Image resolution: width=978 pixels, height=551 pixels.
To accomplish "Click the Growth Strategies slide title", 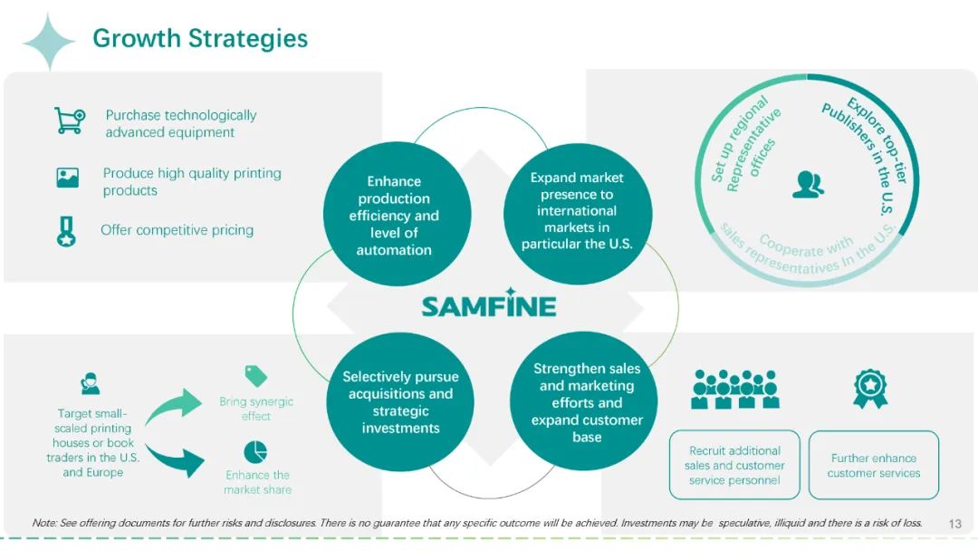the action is point(200,39).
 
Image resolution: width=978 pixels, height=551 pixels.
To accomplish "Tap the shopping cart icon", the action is point(70,121).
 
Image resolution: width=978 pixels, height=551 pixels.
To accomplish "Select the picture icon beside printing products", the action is point(67,178).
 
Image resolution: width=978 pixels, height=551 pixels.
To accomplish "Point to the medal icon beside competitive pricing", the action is point(66,231).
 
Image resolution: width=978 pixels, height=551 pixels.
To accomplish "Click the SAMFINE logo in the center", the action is point(489,304).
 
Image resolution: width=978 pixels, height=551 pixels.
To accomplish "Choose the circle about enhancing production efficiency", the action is point(397,215).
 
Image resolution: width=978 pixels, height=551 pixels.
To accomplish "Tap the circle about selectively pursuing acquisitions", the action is point(400,401).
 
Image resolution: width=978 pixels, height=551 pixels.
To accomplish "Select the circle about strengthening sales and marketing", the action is point(585,401).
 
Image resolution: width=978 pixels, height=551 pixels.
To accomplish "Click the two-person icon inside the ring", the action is point(809,185).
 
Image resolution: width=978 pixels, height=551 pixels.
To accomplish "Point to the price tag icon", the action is point(255,376).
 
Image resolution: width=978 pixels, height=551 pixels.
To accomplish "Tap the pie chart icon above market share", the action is point(255,452).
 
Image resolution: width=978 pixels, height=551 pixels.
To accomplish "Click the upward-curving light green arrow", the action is point(175,406).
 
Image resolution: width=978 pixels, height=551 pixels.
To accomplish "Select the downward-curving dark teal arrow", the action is point(176,459).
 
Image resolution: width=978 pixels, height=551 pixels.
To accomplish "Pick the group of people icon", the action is point(735,390).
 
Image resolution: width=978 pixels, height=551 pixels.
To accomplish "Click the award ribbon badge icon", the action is point(870,388).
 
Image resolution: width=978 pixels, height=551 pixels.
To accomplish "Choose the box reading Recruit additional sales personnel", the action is point(734,465).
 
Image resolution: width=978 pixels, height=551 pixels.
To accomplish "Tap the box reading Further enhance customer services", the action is point(874,466).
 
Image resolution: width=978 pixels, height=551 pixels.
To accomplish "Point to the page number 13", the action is point(955,524).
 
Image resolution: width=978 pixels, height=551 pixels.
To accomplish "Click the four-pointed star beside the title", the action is point(49,42).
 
